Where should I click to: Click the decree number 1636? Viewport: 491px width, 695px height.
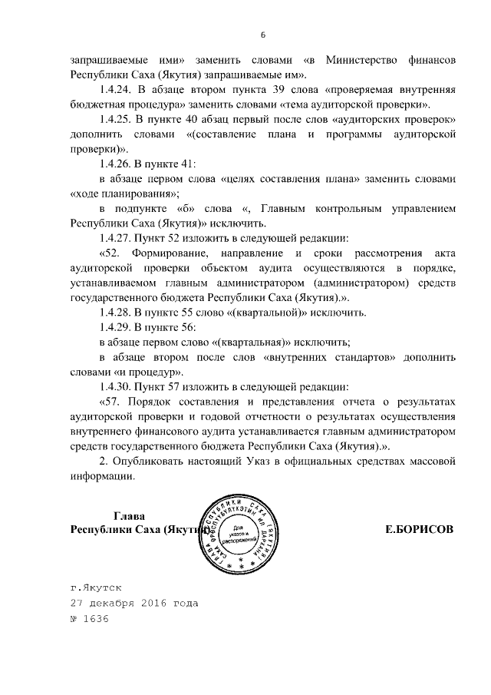(x=97, y=619)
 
